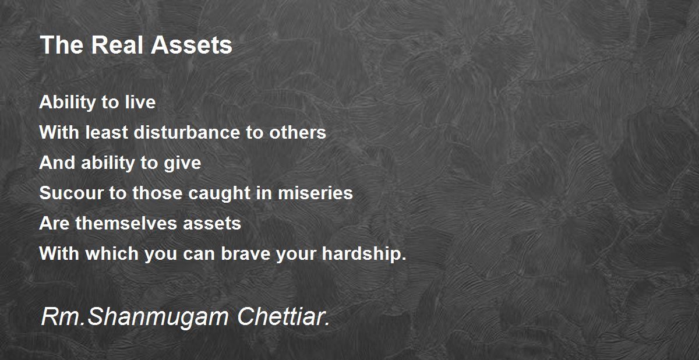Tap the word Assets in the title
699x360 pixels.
click(192, 45)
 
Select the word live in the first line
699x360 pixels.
click(140, 102)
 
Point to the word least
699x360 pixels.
click(107, 132)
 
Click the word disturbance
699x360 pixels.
click(187, 132)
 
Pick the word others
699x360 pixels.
click(298, 132)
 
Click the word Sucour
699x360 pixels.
click(72, 193)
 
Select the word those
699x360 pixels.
click(157, 193)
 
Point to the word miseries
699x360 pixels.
click(315, 193)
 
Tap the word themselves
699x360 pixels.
click(126, 223)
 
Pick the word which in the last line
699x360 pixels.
click(112, 253)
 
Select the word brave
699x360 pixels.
click(246, 253)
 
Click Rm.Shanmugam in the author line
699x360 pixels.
click(135, 317)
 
